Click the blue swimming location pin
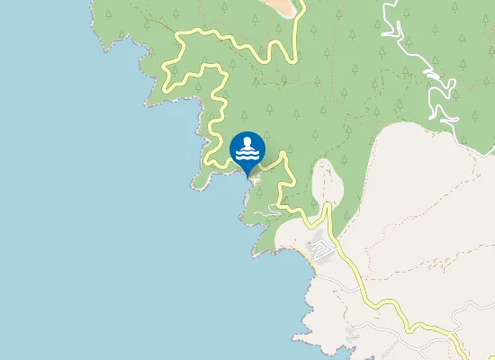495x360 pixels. (247, 150)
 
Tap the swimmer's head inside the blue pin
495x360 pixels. (247, 143)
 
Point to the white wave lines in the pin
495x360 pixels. (247, 155)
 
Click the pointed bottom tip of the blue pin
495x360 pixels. (247, 175)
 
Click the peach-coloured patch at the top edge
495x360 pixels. (280, 6)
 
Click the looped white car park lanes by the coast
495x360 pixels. (319, 245)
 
